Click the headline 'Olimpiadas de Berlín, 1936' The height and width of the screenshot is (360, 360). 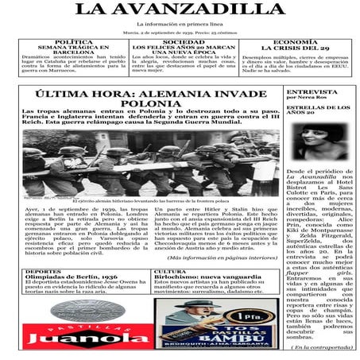68,277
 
